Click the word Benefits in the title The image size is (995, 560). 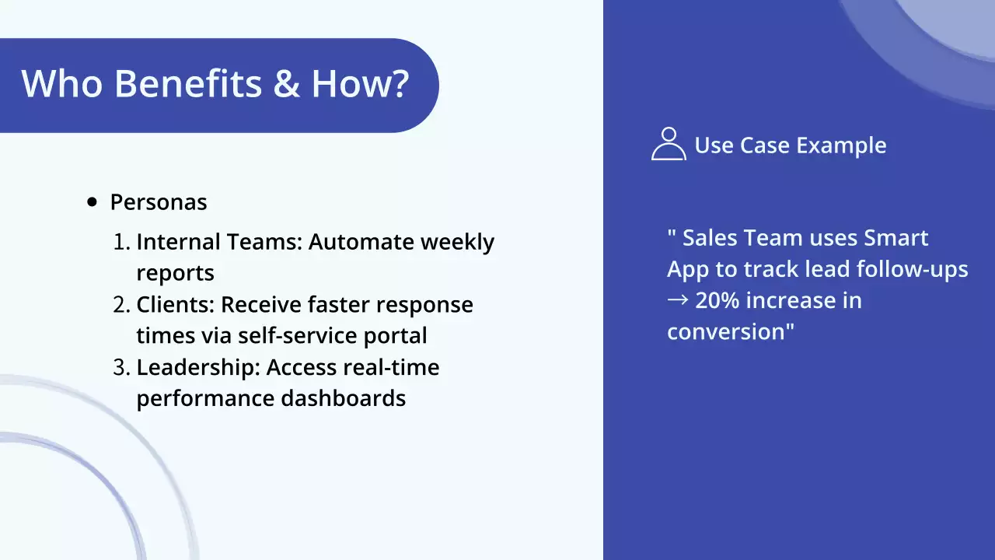click(188, 83)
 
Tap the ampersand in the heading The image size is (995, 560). click(287, 83)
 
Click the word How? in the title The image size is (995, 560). click(360, 83)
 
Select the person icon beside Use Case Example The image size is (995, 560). click(669, 144)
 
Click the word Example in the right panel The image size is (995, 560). click(841, 145)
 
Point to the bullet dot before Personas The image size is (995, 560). click(92, 202)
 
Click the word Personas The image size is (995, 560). click(159, 202)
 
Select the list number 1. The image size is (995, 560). click(121, 242)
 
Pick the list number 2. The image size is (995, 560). click(121, 305)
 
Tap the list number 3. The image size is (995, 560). click(121, 368)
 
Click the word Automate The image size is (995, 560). click(361, 242)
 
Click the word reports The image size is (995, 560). click(176, 273)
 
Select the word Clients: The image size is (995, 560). click(176, 305)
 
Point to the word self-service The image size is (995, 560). click(298, 335)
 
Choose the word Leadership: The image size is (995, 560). click(198, 368)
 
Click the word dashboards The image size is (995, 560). click(344, 398)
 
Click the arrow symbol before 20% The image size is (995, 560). click(678, 300)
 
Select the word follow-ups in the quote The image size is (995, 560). click(913, 270)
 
